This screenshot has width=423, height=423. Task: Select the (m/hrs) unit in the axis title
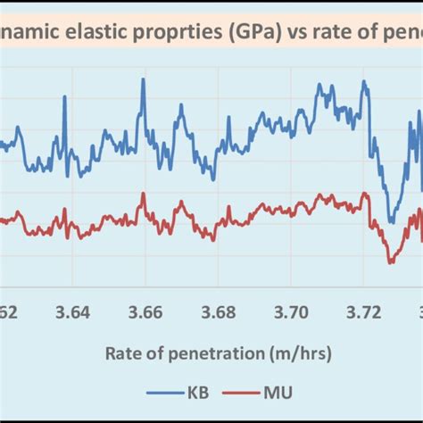click(303, 354)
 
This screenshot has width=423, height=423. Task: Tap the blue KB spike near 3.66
click(141, 81)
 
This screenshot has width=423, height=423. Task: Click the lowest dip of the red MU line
click(390, 262)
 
